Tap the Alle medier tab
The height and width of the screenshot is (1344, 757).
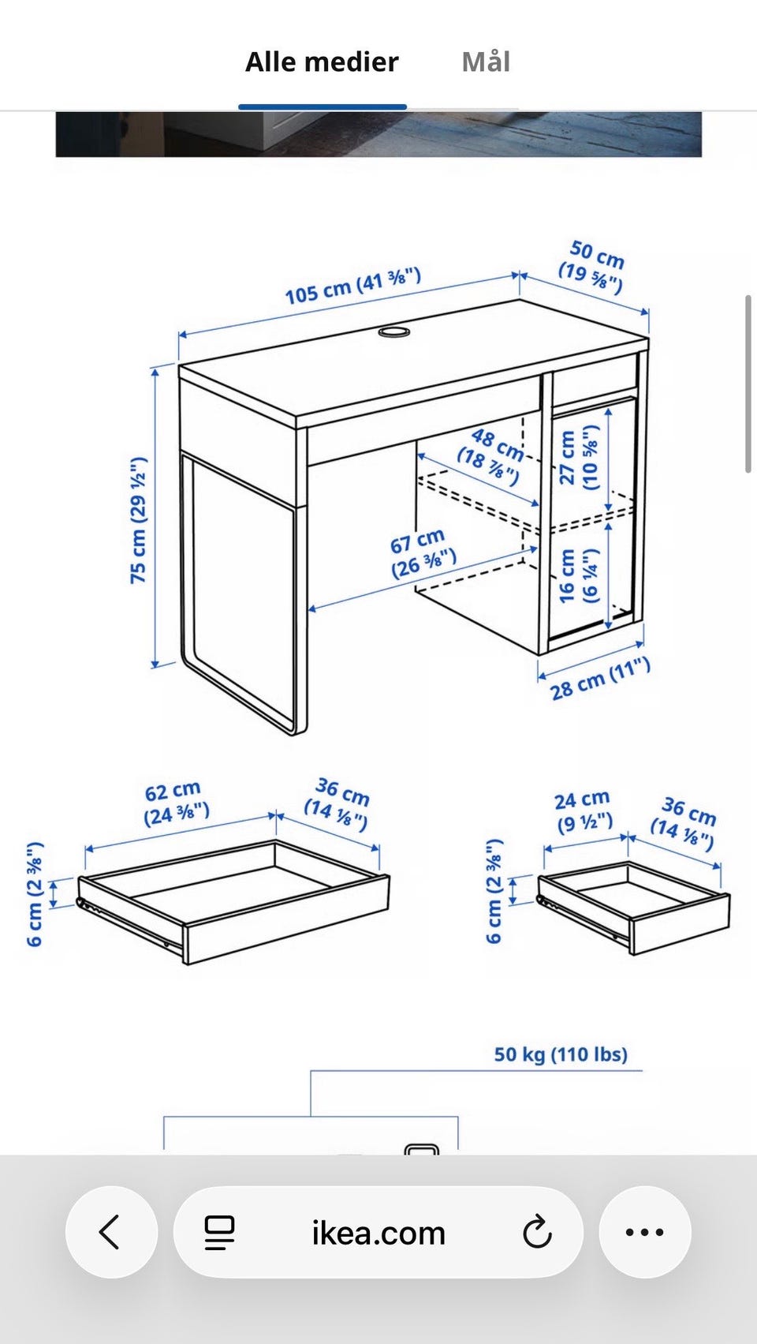[x=322, y=62]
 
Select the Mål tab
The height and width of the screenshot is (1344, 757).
[x=486, y=62]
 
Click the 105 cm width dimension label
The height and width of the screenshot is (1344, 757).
[x=352, y=286]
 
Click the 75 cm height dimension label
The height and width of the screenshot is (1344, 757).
[x=139, y=519]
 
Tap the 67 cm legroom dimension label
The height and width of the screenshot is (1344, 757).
[x=423, y=552]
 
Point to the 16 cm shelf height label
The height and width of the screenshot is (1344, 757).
[x=579, y=575]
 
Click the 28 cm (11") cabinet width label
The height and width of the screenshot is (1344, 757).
[x=600, y=679]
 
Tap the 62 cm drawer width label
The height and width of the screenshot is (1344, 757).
[x=176, y=803]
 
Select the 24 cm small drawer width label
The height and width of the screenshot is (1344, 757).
[x=583, y=811]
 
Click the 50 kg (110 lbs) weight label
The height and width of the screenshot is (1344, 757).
[x=561, y=1054]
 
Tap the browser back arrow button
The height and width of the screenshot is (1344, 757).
[x=111, y=1232]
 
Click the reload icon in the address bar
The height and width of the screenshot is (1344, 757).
[x=537, y=1232]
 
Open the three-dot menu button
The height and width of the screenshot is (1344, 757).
[x=645, y=1232]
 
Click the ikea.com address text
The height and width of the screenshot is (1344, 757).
[x=378, y=1233]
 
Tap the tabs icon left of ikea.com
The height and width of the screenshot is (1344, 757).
[x=219, y=1233]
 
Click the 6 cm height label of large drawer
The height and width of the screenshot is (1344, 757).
[x=35, y=895]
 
